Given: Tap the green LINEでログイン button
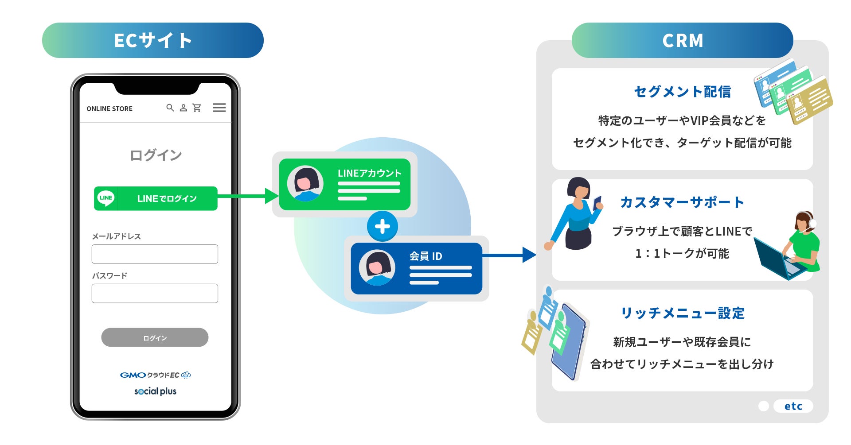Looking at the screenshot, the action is [156, 198].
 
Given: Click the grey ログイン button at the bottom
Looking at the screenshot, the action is [155, 337].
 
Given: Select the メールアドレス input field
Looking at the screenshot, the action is [155, 254].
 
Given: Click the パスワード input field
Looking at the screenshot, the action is [155, 294].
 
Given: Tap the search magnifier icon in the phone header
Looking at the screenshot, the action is [170, 108].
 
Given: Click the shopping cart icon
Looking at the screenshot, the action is [197, 108].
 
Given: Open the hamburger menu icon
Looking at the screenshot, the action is [219, 108].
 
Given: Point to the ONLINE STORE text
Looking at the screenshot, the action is [109, 109].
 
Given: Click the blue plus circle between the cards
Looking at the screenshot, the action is [382, 226].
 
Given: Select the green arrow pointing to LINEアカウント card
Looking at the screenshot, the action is [248, 196].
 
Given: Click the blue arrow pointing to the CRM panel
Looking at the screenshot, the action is [510, 255].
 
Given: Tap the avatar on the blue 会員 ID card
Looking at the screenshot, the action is [377, 268].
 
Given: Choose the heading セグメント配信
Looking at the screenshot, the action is [682, 92].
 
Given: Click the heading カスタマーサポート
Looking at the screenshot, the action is [682, 202].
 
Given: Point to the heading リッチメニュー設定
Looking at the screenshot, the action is [683, 313].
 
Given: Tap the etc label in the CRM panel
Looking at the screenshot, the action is [793, 406].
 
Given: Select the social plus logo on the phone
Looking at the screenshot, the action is [155, 391].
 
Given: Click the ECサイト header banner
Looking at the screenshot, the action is [153, 40].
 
